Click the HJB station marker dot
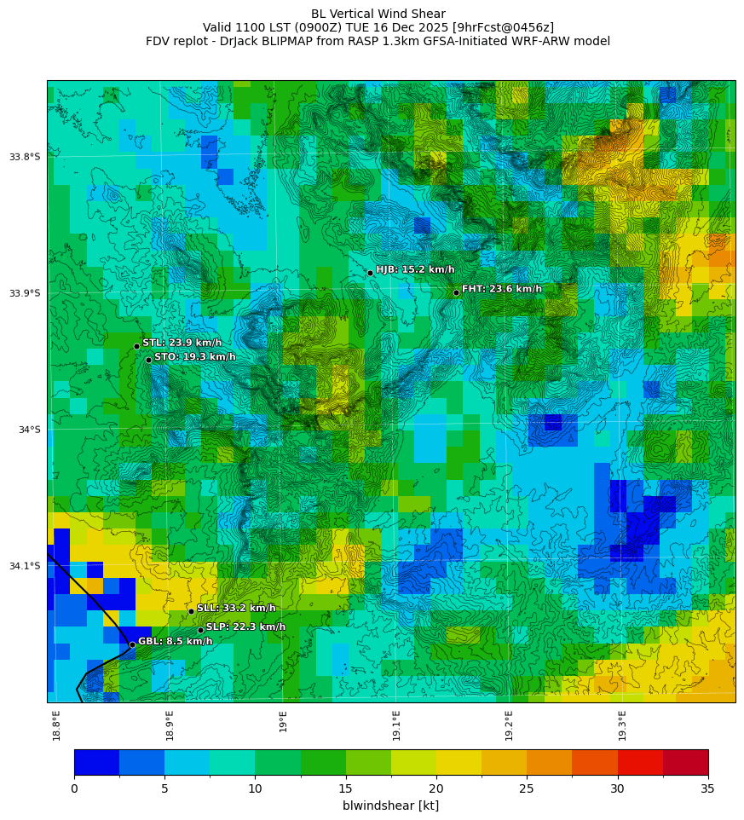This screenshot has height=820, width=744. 370,273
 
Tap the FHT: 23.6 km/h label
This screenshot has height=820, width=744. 501,289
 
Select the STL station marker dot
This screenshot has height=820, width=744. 136,346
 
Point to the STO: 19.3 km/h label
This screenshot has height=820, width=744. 194,357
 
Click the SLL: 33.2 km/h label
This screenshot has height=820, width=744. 236,609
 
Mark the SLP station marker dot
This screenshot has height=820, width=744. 200,630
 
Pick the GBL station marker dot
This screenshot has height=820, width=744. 132,644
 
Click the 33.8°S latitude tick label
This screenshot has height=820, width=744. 25,157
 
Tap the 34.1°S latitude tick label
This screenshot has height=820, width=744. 25,566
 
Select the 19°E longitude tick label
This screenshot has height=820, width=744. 283,721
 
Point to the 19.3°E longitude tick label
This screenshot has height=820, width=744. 622,725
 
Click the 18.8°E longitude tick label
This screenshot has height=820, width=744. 56,725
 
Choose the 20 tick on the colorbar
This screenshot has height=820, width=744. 436,788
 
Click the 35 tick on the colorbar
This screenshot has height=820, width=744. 707,788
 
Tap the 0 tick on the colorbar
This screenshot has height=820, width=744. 74,788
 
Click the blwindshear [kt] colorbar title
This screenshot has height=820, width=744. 390,806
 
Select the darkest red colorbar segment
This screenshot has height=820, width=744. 685,762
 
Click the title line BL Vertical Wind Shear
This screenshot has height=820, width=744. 378,14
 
